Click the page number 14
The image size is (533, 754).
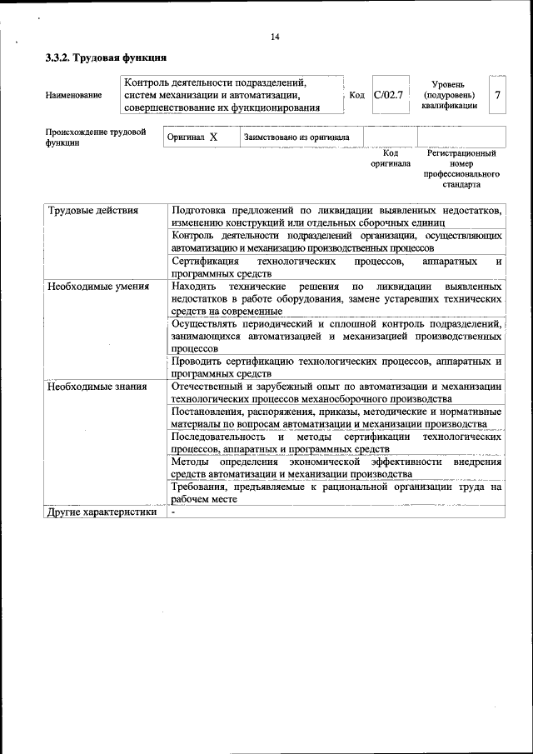point(276,37)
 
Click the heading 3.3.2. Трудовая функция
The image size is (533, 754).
point(106,58)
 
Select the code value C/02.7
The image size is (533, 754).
point(388,95)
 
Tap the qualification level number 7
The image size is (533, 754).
point(497,95)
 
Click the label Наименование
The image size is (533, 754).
point(74,95)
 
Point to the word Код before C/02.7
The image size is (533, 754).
point(357,96)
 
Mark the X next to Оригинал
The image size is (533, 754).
point(213,137)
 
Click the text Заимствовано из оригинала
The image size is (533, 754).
point(296,137)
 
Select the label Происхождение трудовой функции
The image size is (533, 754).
point(96,137)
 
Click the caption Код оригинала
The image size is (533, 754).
point(390,158)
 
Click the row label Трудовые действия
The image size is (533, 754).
point(92,211)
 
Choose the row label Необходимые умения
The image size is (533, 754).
point(98,287)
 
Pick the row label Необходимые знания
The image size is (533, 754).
point(97,386)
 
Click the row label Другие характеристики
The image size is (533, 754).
point(102,512)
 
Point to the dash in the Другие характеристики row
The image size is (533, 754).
point(173,512)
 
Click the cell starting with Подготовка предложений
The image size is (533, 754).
point(336,217)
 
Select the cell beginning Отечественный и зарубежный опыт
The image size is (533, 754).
point(336,392)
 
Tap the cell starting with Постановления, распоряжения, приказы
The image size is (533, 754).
point(336,417)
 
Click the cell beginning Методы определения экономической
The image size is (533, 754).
point(336,467)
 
